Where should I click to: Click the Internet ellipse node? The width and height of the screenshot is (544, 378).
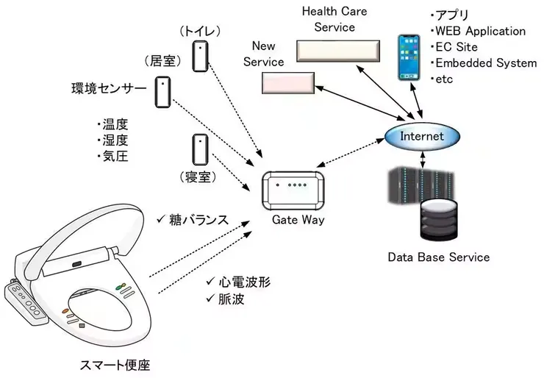coord(422,137)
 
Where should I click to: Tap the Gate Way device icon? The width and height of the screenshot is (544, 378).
coord(293,190)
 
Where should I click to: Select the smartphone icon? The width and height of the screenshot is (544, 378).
coord(408,57)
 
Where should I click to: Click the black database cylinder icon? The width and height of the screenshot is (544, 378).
coord(438,222)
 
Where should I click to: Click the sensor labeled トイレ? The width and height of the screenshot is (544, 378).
coord(200,55)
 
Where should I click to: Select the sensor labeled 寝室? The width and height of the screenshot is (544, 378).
coord(198,149)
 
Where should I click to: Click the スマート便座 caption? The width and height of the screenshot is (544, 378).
coord(118,364)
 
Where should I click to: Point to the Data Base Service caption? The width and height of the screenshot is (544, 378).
coord(438,257)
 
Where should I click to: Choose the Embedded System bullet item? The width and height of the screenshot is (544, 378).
coord(485,63)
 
